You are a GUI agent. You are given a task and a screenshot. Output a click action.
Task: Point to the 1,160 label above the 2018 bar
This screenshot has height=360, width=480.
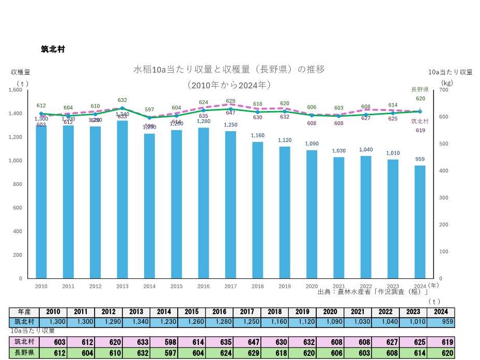tap(257, 136)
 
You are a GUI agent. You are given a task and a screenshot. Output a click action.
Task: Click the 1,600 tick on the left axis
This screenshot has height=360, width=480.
tap(15, 90)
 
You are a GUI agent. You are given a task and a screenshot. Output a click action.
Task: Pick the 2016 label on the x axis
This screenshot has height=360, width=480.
tap(204, 286)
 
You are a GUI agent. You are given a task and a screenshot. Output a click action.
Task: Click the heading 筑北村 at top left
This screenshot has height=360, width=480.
tap(53, 49)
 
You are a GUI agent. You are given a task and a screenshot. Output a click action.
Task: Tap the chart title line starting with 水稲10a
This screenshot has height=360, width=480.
tap(229, 69)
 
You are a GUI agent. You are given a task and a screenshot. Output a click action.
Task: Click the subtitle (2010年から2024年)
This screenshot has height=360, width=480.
tap(229, 84)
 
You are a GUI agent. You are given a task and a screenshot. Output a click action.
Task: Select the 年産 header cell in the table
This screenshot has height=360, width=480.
tap(24, 312)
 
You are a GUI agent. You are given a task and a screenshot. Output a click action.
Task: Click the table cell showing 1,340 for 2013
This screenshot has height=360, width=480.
tap(136, 322)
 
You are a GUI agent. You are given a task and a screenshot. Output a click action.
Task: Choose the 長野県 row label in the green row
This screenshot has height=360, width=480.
tap(24, 352)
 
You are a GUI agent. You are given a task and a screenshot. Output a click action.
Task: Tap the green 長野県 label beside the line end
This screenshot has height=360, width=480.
tap(420, 89)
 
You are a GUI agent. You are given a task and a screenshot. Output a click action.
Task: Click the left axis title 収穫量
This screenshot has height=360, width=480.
tap(21, 72)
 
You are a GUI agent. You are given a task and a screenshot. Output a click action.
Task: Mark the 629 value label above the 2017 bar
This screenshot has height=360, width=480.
tap(230, 101)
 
